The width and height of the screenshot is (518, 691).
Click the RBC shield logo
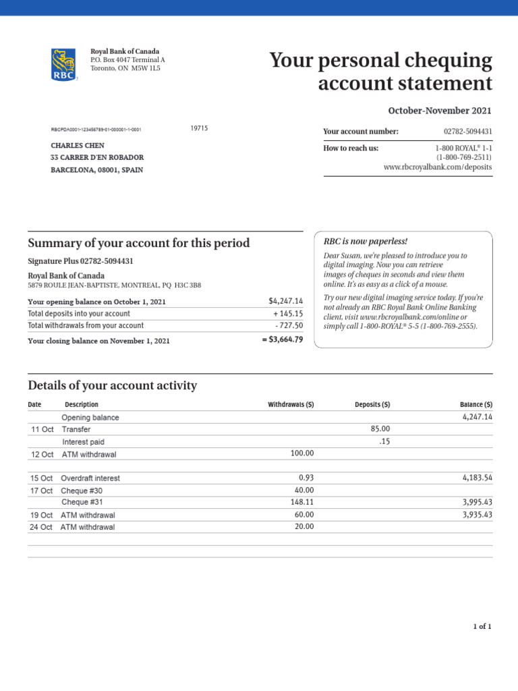[x=64, y=65]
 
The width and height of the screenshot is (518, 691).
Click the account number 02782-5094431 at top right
[x=467, y=132]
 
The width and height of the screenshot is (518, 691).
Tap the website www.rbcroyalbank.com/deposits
[x=437, y=167]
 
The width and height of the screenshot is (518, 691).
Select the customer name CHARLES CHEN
[x=78, y=145]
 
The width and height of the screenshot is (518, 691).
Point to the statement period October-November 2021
[x=440, y=111]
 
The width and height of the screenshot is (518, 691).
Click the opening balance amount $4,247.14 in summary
[x=285, y=301]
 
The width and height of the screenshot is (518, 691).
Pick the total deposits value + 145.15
[x=288, y=314]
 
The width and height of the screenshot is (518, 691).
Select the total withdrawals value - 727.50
[x=289, y=325]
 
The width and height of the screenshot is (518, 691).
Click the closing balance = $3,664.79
[x=282, y=340]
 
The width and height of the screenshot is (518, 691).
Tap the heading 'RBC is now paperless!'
[x=366, y=242]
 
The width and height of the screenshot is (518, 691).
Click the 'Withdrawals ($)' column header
[x=291, y=405]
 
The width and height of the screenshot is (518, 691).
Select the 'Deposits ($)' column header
[x=372, y=405]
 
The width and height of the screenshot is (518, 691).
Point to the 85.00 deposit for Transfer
[x=380, y=429]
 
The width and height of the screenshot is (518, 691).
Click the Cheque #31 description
[x=82, y=502]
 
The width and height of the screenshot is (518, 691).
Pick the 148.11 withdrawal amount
[x=301, y=502]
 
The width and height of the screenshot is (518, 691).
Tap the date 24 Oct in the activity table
[x=41, y=527]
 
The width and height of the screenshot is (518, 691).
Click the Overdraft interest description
[x=91, y=478]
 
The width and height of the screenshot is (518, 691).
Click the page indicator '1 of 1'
[x=482, y=627]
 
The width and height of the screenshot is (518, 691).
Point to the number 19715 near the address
[x=200, y=128]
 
